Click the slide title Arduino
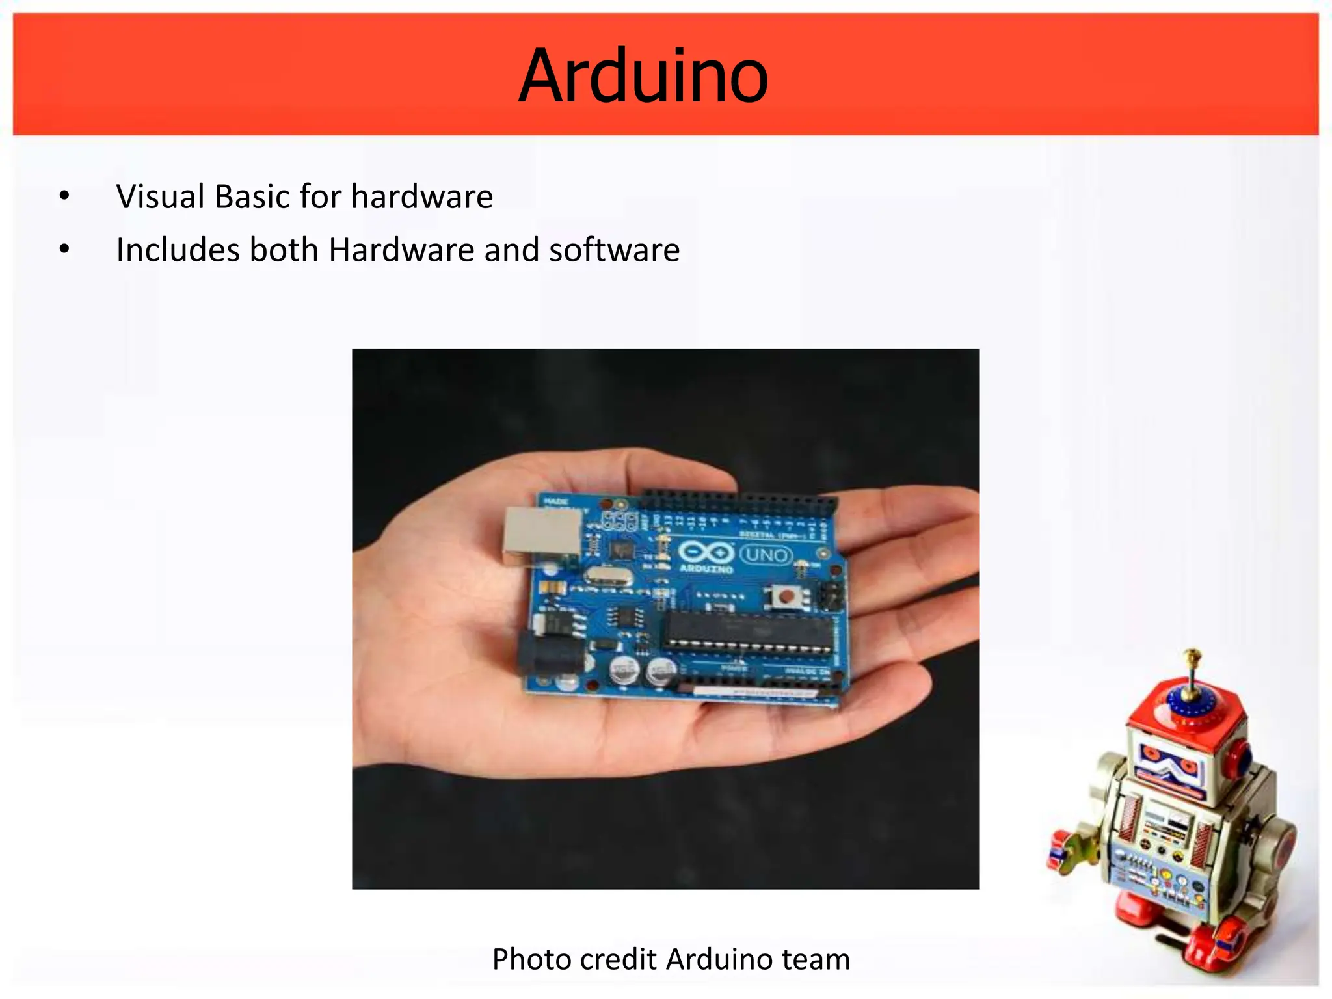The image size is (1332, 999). (643, 76)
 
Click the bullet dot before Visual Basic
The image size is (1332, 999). (64, 196)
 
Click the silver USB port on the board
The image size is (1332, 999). (541, 535)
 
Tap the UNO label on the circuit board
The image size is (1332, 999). (767, 555)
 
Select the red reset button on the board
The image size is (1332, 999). (786, 596)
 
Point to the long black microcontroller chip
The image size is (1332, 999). (748, 630)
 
